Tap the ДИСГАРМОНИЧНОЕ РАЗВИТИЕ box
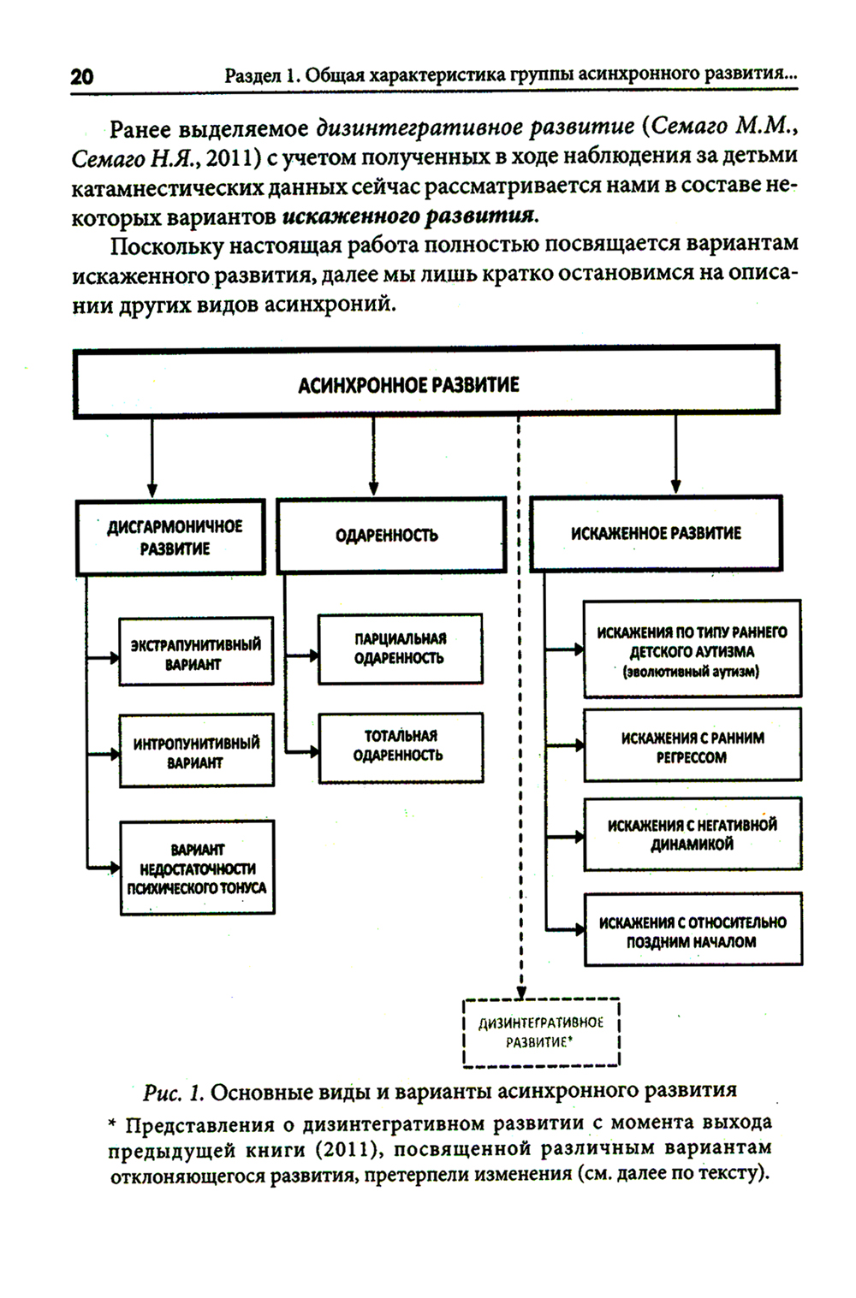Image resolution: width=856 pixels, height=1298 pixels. (171, 537)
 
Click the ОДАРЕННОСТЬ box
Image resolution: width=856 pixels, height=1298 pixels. (391, 536)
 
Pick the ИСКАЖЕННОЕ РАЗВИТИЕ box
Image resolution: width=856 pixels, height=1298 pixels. (656, 534)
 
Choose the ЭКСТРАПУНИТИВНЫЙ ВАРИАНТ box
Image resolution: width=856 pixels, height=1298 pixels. (196, 654)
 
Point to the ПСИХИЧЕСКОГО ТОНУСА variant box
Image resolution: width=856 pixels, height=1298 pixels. (197, 868)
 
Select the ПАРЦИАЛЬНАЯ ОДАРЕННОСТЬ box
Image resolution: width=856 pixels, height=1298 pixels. (400, 649)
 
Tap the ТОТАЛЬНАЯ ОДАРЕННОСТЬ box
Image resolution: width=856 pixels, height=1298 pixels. (400, 746)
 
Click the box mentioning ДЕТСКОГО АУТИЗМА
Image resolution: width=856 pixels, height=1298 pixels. (692, 650)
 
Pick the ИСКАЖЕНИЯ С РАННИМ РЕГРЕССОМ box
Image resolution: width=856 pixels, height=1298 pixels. (692, 746)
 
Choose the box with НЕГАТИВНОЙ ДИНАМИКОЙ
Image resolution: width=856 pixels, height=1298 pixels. (692, 834)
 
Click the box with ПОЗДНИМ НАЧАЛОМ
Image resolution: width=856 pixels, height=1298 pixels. (692, 931)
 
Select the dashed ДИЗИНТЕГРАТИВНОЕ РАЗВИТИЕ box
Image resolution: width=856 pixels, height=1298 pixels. (541, 1032)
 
